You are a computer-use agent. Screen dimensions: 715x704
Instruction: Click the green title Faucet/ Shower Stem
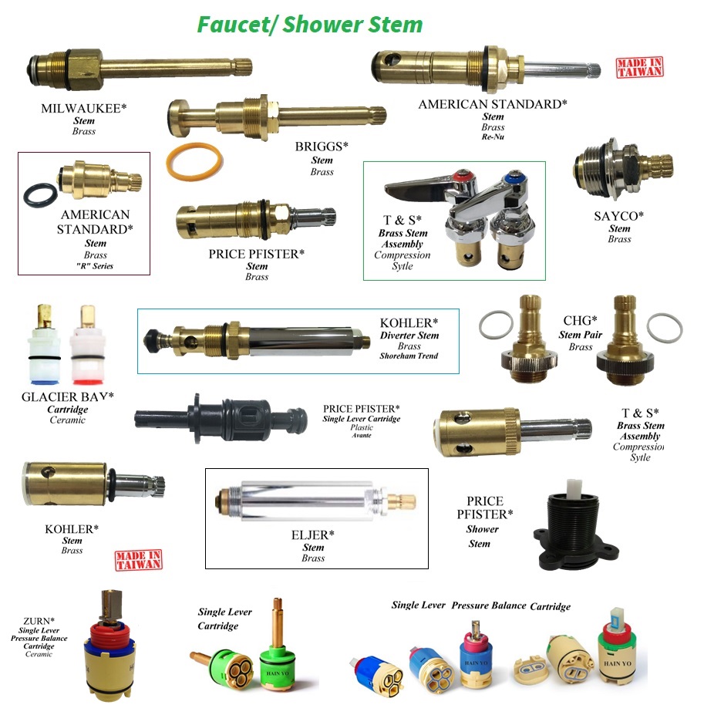click(309, 24)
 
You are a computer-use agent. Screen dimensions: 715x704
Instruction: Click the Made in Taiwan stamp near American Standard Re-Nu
click(639, 68)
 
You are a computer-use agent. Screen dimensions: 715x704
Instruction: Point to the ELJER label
click(313, 535)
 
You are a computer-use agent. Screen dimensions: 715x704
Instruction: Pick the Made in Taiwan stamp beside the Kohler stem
click(138, 559)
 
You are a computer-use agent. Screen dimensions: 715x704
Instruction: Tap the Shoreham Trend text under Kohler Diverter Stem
click(408, 356)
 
